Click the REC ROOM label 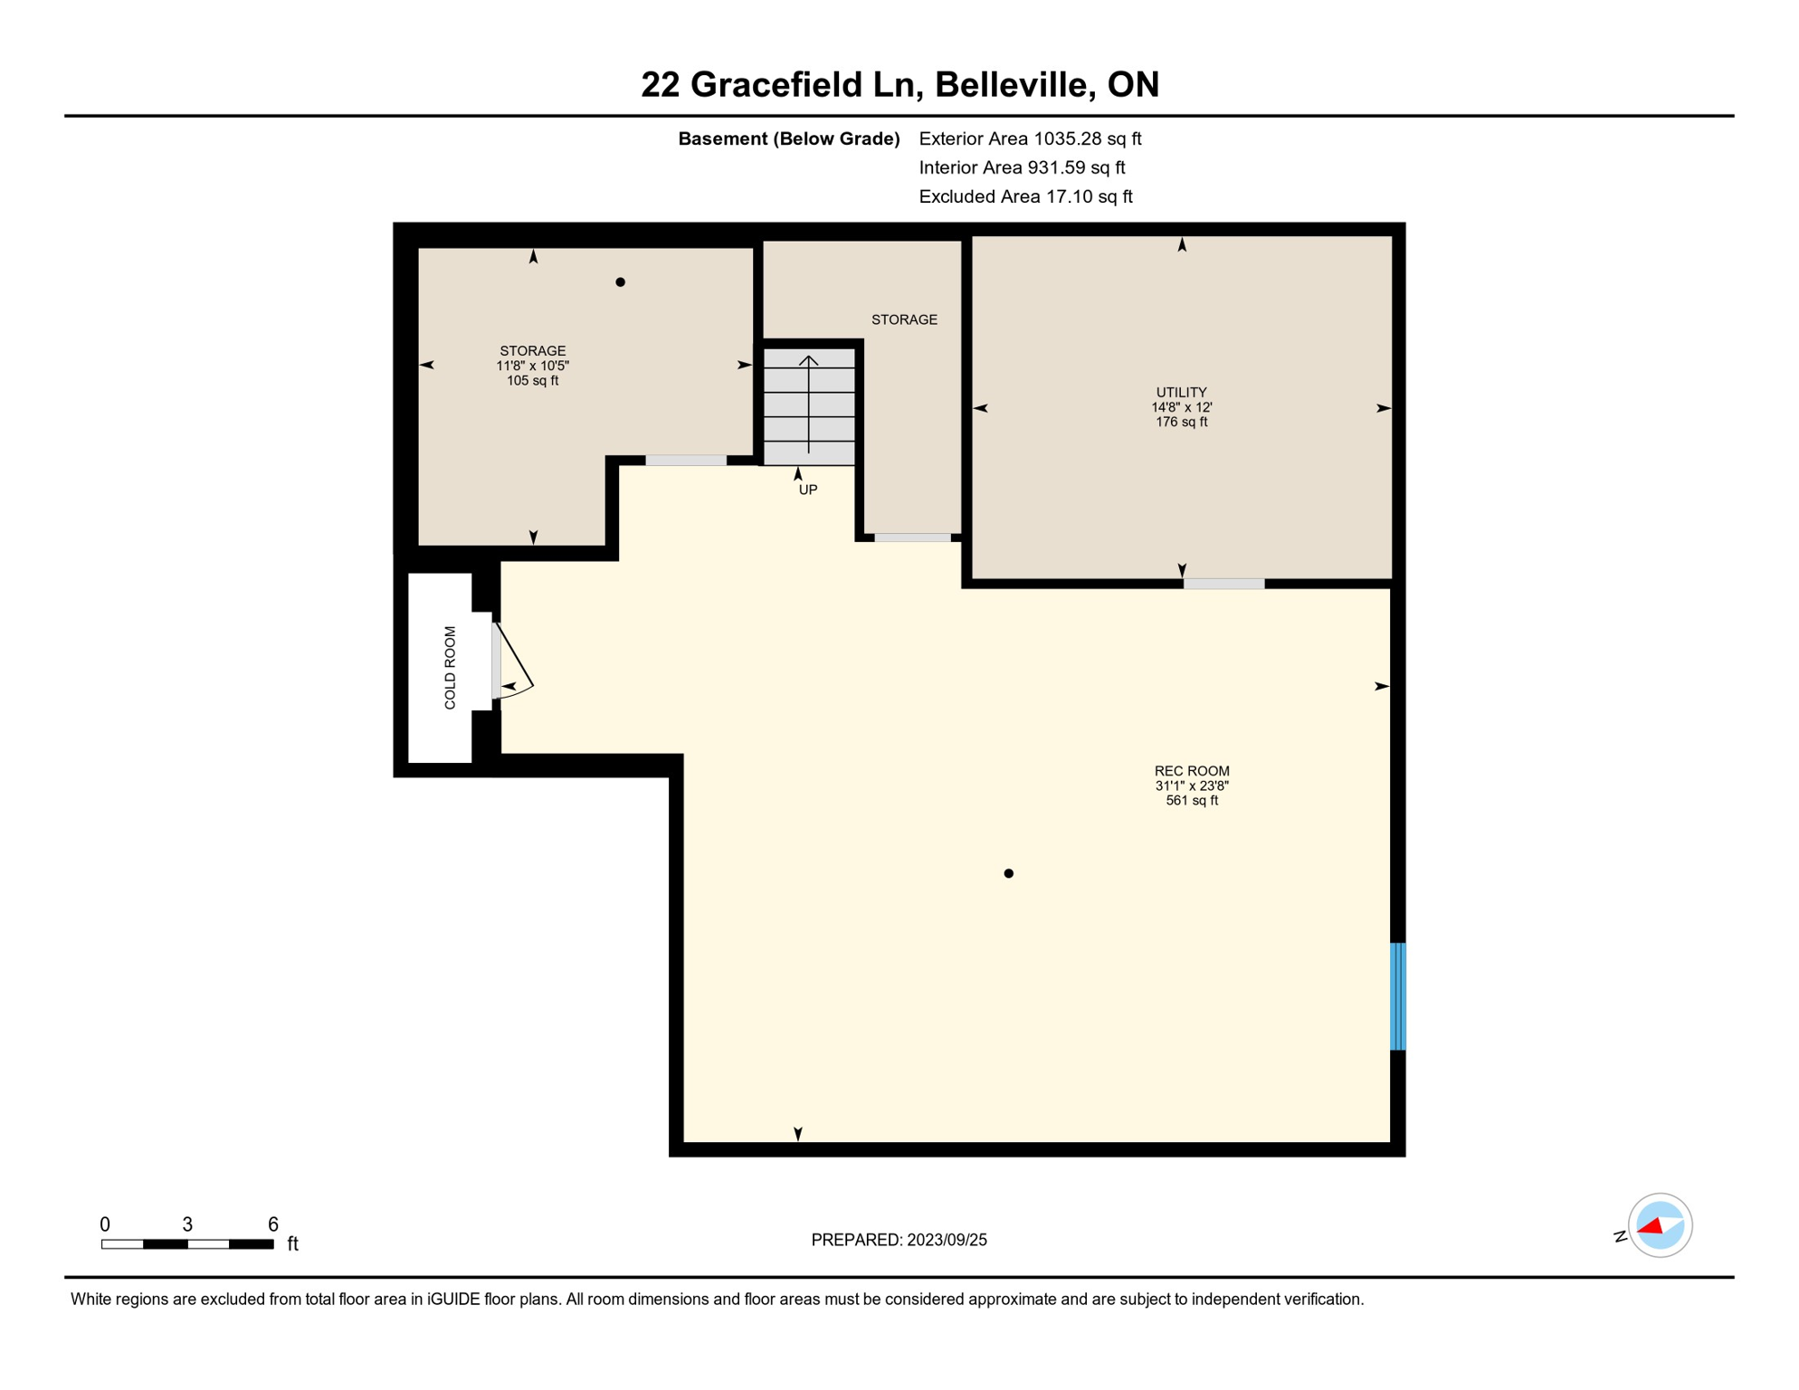(x=1191, y=771)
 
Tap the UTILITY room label (x=1181, y=392)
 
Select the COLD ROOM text (x=450, y=667)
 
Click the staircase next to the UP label (x=809, y=406)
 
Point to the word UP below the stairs (x=808, y=490)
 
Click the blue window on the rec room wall (x=1397, y=995)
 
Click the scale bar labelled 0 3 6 (x=187, y=1244)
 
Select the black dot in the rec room (x=1008, y=873)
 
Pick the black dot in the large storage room (x=620, y=282)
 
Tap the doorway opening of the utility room (x=1223, y=584)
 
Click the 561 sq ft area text (x=1192, y=801)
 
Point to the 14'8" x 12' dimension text (x=1181, y=407)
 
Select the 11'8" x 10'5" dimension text (x=532, y=366)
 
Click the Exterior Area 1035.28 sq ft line (x=1030, y=138)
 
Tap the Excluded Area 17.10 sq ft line (x=1025, y=196)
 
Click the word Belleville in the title (x=1010, y=84)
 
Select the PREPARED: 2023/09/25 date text (x=899, y=1240)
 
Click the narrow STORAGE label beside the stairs (x=904, y=319)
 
